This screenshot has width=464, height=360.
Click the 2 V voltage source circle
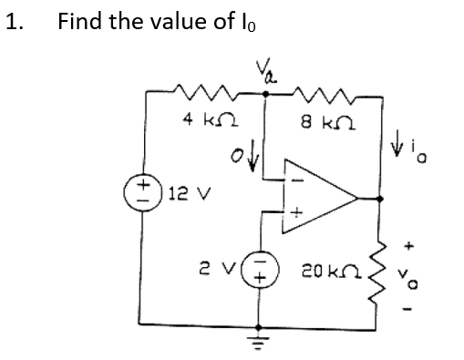click(263, 271)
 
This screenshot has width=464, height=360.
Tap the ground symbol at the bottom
click(263, 340)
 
